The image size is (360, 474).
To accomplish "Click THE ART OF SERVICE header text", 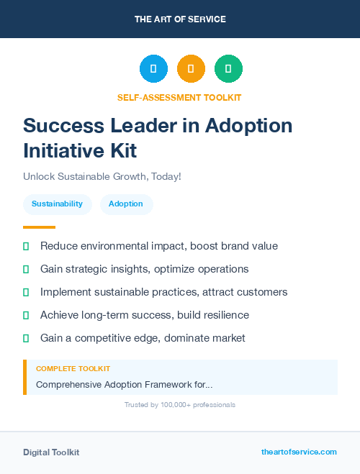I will click(x=180, y=19).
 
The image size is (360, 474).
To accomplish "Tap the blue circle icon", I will click(x=153, y=69).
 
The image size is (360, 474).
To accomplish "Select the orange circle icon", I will click(x=191, y=69).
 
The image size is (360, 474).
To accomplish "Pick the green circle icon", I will click(x=228, y=69).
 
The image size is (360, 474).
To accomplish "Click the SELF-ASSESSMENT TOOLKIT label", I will click(x=179, y=97).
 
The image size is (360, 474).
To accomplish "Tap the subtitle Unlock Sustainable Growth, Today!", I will click(x=102, y=176).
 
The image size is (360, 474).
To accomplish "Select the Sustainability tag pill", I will click(x=57, y=204).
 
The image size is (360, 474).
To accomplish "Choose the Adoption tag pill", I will click(x=126, y=204).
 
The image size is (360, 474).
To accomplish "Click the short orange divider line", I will click(x=39, y=227).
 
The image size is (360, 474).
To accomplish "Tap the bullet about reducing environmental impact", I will click(x=158, y=246).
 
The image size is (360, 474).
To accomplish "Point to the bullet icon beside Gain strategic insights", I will click(x=26, y=269).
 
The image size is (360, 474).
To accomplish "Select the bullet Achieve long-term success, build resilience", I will click(x=144, y=315).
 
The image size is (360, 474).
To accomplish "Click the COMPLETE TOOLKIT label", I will click(x=73, y=369).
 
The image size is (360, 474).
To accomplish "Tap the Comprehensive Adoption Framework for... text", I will click(x=124, y=385).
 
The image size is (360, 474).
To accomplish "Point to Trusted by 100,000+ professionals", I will click(x=179, y=405).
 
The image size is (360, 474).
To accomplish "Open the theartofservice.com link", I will click(x=299, y=452).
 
